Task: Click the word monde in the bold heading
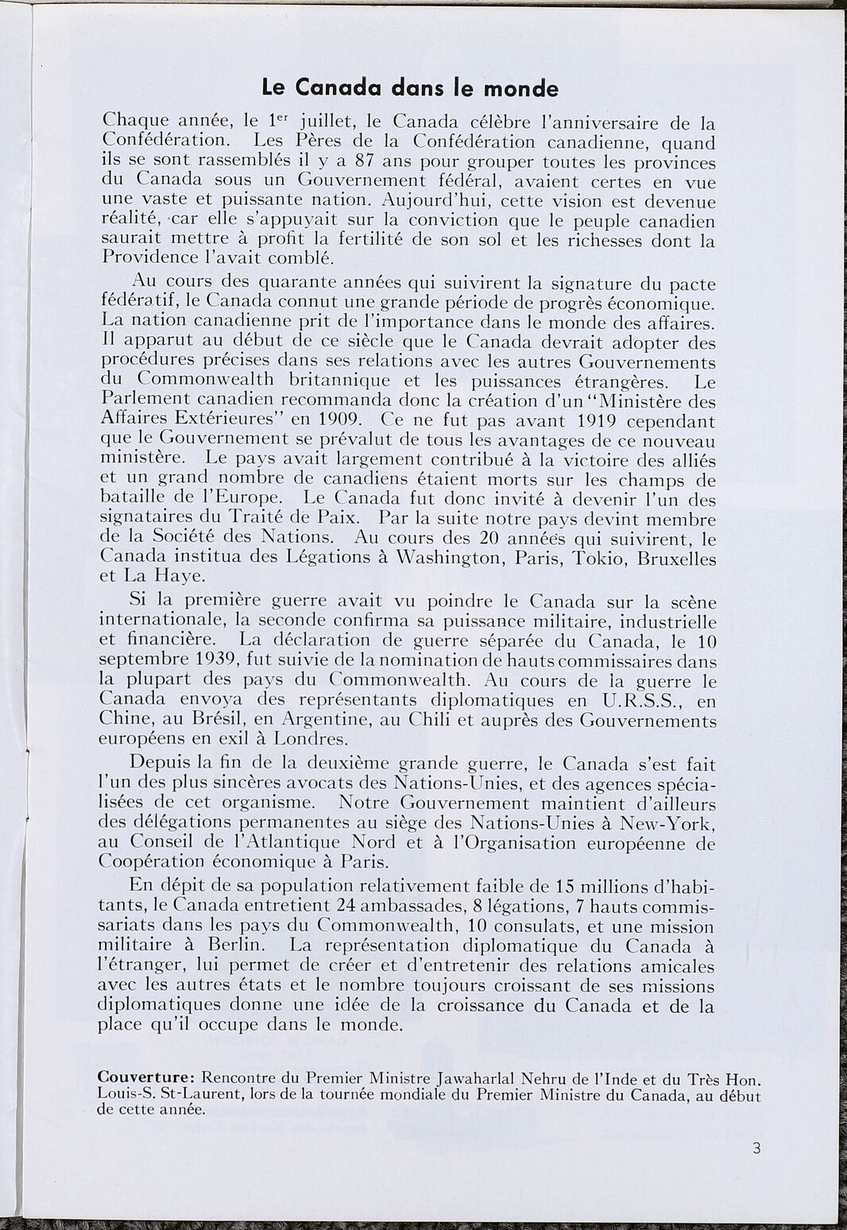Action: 521,88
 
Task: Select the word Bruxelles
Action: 672,559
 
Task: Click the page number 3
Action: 756,1147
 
